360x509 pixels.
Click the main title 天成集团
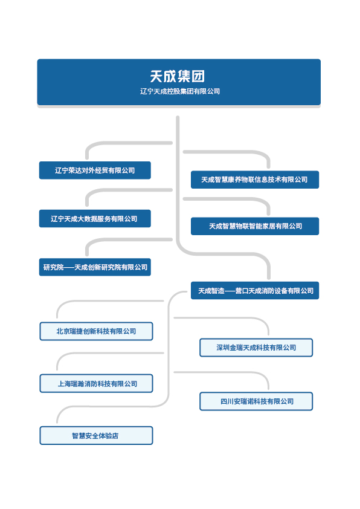coord(177,76)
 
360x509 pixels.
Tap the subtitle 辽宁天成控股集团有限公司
coord(179,91)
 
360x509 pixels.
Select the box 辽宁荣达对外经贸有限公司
coord(95,170)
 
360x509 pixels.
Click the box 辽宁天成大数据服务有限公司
coord(95,218)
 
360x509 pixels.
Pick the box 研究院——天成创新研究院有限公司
coord(95,267)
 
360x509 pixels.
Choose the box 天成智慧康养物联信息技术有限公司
coord(255,180)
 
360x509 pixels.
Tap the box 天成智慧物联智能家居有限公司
coord(255,226)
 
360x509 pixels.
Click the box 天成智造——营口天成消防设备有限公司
coord(255,290)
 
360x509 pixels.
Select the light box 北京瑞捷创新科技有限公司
coord(96,331)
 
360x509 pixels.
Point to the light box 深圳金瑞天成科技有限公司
coord(256,348)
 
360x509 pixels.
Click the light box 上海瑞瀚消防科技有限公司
coord(96,383)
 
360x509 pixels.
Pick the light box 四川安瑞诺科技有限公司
coord(256,401)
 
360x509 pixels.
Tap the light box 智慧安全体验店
coord(96,435)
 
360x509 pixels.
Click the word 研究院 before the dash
coord(54,267)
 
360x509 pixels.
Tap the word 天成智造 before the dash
coord(211,291)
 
